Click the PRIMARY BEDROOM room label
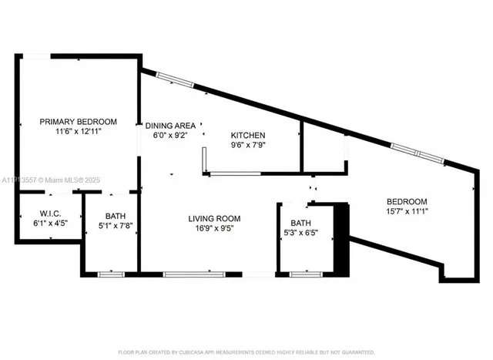click(x=78, y=122)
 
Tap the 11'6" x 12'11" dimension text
click(x=78, y=133)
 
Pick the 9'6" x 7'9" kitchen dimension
click(x=249, y=144)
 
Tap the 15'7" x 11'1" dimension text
click(x=407, y=212)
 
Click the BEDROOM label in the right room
click(x=407, y=201)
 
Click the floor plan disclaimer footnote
click(x=246, y=352)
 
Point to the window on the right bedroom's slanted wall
click(x=417, y=152)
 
